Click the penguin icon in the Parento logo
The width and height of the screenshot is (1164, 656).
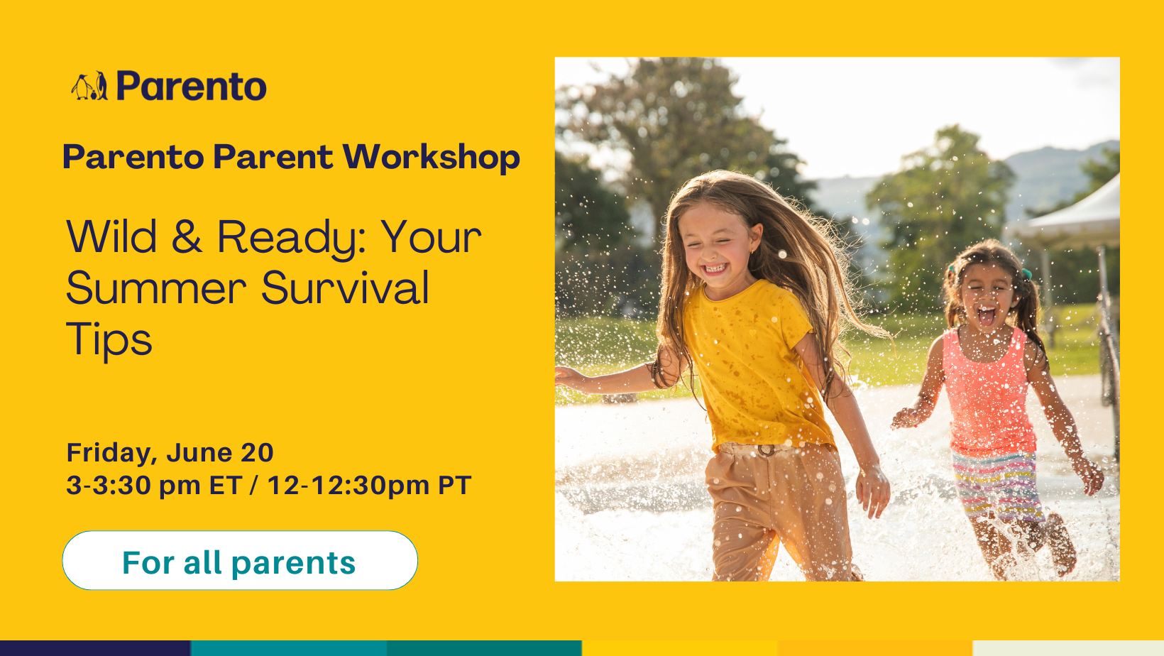tap(89, 87)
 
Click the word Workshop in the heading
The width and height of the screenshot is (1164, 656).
tap(431, 157)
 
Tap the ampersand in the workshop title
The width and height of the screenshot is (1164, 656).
tap(187, 236)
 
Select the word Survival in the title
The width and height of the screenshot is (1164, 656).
tap(345, 288)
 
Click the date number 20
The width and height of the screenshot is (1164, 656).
tap(257, 452)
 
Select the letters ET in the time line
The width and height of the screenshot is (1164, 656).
tap(226, 485)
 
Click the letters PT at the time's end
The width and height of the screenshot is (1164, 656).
tap(455, 485)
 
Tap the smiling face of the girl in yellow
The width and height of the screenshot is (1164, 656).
tap(717, 249)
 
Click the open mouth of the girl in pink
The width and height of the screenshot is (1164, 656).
tap(986, 315)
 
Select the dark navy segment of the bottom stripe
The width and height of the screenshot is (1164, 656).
tap(96, 648)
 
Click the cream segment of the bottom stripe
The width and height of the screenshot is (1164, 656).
tap(1068, 648)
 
